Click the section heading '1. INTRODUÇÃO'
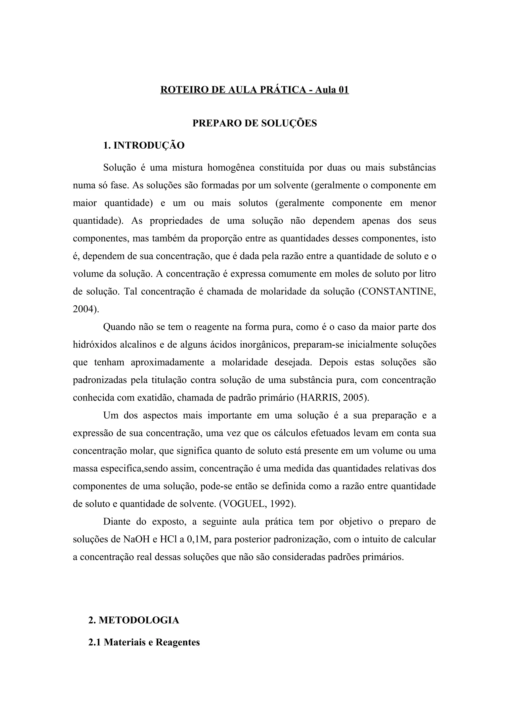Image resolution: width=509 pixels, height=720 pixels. pos(144,146)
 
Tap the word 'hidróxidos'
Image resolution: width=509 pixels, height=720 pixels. pos(94,345)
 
